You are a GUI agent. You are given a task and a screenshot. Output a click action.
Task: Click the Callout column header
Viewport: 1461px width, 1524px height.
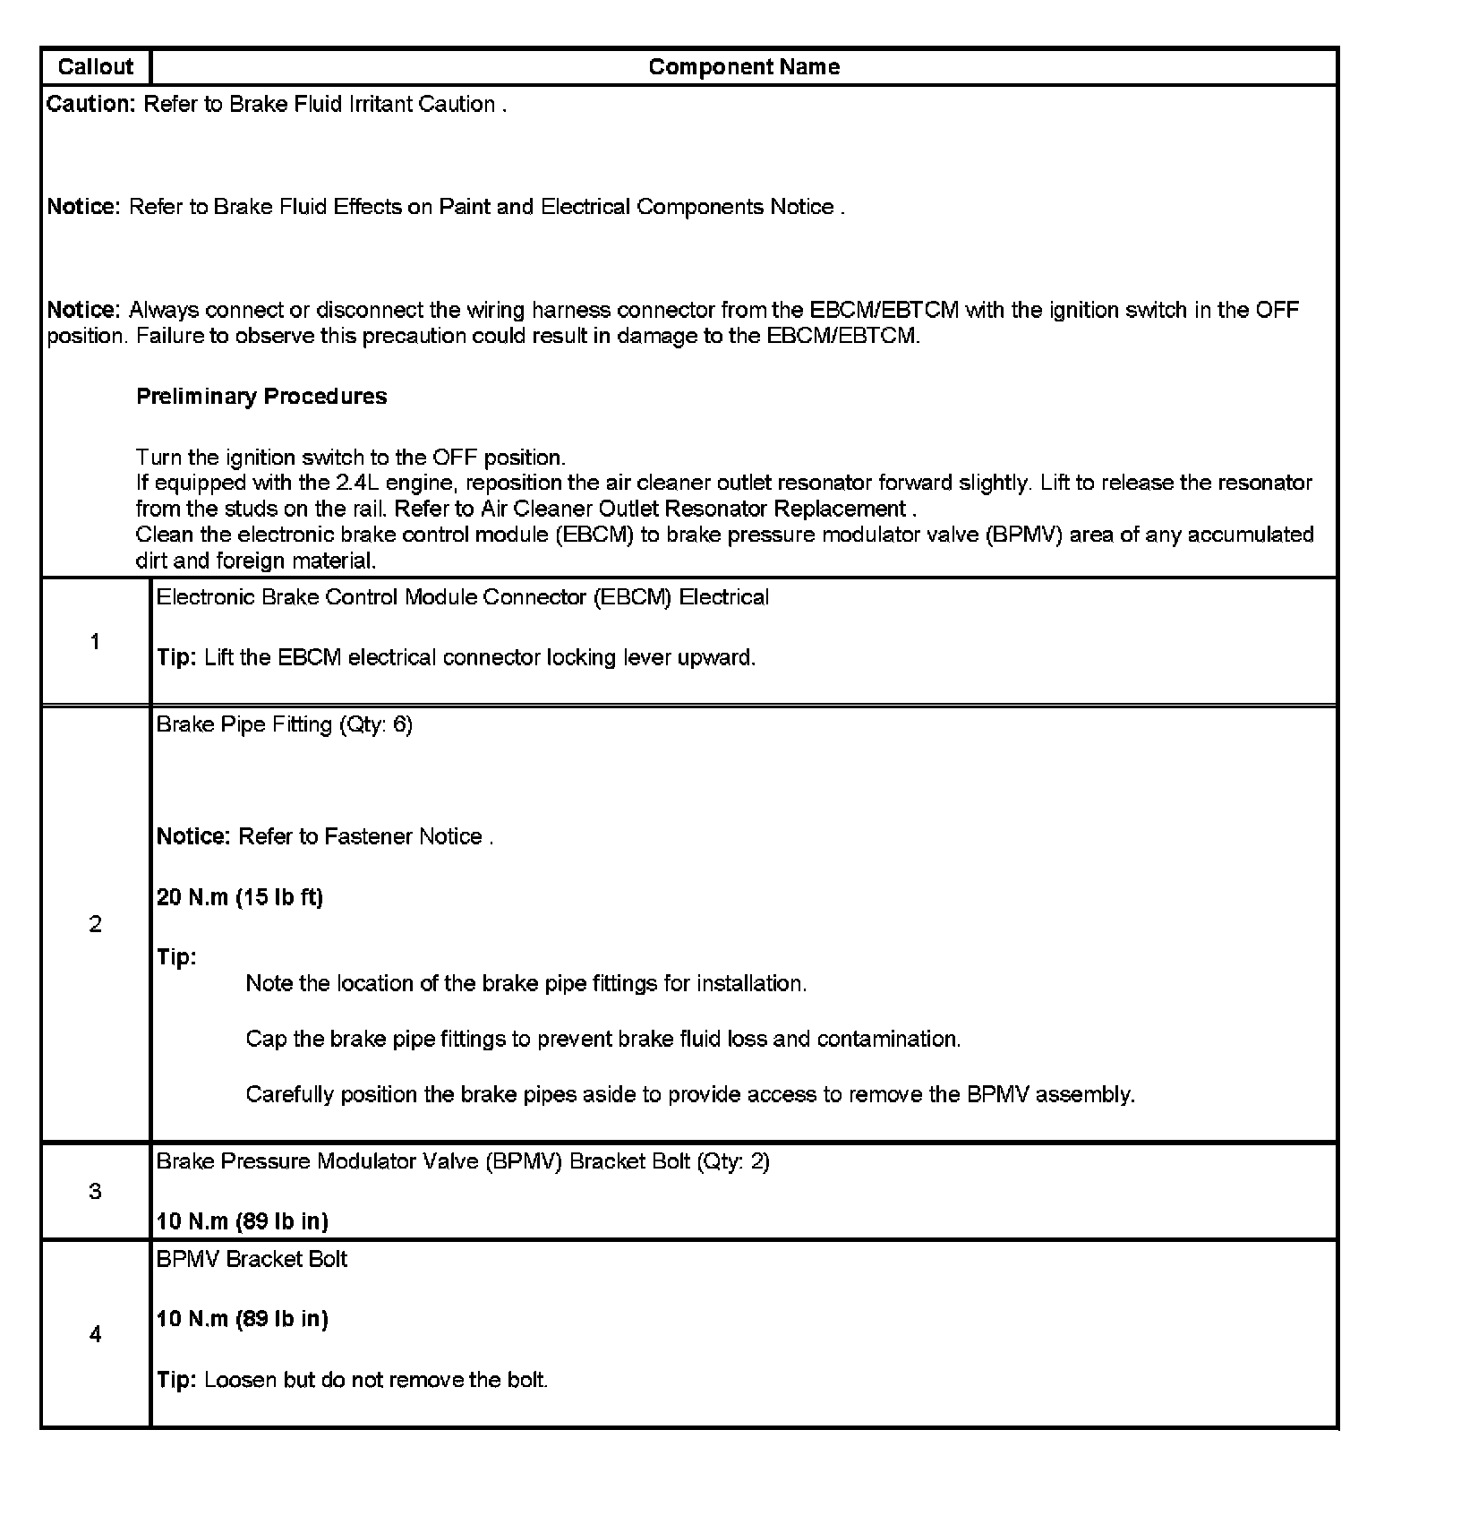click(95, 67)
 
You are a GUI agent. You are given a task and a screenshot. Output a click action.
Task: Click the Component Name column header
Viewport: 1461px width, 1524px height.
click(743, 67)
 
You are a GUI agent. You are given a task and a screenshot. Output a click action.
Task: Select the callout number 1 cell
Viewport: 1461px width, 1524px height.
click(95, 641)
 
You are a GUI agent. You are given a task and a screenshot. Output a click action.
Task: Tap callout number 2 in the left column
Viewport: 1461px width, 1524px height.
click(95, 924)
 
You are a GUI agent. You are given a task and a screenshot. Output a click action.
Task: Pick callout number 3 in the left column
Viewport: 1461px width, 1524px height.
click(95, 1191)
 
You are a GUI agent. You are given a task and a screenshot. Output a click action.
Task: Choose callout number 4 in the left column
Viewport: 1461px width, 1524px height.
click(95, 1334)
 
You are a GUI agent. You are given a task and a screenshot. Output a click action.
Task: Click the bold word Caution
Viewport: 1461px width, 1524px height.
click(90, 105)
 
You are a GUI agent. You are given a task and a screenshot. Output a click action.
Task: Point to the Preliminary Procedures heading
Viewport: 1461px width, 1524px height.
click(261, 397)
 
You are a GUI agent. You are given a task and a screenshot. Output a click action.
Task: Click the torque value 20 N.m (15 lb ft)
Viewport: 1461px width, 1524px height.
click(240, 897)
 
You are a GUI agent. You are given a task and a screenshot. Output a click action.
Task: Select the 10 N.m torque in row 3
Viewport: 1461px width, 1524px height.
click(243, 1221)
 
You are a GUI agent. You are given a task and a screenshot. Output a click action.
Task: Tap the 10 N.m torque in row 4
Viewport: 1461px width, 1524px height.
click(243, 1319)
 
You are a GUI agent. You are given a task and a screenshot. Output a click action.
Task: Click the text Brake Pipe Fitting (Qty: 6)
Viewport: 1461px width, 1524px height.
click(285, 724)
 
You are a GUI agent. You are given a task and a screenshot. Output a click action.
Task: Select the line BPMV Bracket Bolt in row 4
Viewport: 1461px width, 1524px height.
click(252, 1259)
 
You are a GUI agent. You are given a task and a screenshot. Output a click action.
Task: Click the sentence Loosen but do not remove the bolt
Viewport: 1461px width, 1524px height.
click(376, 1380)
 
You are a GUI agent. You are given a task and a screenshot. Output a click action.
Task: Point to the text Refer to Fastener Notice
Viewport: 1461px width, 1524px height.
click(365, 836)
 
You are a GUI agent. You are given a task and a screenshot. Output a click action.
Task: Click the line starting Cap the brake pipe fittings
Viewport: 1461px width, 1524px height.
click(602, 1039)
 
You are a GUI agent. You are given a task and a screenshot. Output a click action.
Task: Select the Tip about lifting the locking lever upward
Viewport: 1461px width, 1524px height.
click(480, 658)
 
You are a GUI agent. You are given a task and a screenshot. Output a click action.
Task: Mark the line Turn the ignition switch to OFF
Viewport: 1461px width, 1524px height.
click(351, 458)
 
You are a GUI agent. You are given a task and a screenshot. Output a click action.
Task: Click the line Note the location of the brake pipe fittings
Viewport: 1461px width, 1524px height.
click(526, 983)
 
